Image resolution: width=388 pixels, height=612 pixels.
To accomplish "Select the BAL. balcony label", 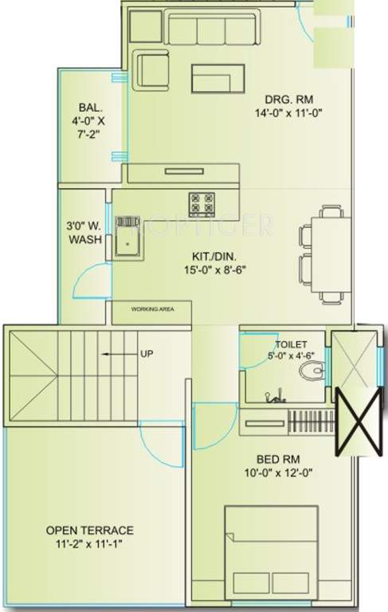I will (88, 108).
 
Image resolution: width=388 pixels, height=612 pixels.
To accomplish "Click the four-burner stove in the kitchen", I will (201, 204).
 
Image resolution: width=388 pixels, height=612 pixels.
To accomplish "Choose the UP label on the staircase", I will (146, 353).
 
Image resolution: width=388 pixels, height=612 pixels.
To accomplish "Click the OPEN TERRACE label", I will (88, 530).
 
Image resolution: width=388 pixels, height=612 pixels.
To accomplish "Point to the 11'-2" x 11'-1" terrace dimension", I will (88, 544).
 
